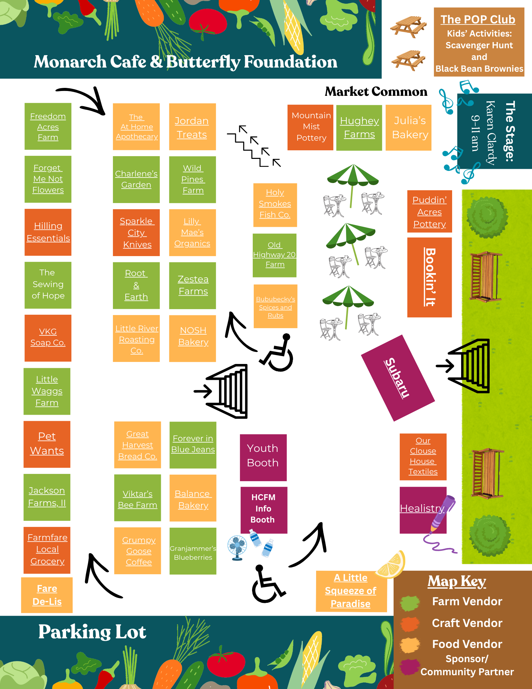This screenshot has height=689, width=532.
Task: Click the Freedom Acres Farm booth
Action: coord(48,126)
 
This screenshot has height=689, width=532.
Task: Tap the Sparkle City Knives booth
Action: coord(136,232)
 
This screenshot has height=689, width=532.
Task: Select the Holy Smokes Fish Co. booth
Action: coord(275,205)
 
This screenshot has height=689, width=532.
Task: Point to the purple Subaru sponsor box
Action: coord(398,378)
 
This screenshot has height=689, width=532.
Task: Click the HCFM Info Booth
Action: coord(263,510)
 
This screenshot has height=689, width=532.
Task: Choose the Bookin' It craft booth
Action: coord(429,277)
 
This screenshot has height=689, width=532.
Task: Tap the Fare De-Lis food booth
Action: coord(47,595)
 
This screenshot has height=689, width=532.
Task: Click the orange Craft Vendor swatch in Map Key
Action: coord(410,624)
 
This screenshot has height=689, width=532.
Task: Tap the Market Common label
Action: coord(376,91)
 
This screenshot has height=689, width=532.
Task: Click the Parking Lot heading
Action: coord(92,632)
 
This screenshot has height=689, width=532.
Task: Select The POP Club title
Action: coord(478,20)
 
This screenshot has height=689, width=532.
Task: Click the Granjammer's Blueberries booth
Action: coord(193,551)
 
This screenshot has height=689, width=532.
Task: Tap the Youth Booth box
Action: coord(263,457)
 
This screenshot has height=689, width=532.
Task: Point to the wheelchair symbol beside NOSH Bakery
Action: coord(277,352)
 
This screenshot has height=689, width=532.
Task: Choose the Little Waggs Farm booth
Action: coord(47,391)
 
